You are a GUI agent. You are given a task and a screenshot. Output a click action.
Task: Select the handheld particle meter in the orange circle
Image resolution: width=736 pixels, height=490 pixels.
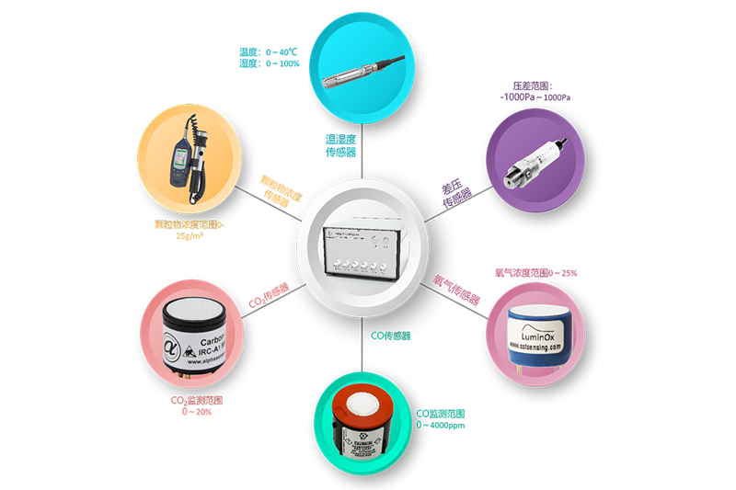click(x=190, y=162)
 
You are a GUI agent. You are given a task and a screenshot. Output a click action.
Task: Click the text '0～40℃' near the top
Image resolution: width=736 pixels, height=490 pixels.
click(x=280, y=51)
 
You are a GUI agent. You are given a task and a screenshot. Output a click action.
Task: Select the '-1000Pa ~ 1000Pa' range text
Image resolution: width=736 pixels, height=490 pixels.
click(x=533, y=96)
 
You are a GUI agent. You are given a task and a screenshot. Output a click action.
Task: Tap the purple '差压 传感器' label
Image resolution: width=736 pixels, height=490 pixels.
click(x=456, y=193)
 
